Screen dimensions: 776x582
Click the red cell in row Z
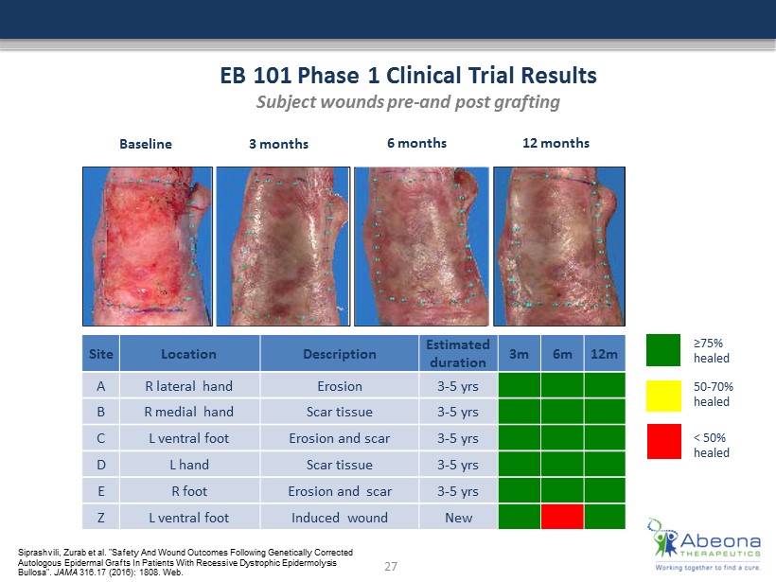pos(562,517)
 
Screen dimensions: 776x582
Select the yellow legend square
pos(663,396)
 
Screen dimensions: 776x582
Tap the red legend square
pos(663,441)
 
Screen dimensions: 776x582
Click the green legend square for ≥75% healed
pos(663,350)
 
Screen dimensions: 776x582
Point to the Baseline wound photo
pos(148,246)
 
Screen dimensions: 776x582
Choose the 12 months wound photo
pos(559,246)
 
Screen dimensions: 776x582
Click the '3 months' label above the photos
pos(278,144)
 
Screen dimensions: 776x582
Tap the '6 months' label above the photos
pos(416,143)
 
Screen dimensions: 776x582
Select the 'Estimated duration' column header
pos(458,353)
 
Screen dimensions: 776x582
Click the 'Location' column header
pos(189,354)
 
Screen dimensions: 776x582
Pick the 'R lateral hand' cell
pos(189,386)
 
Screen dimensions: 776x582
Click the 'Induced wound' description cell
pos(340,518)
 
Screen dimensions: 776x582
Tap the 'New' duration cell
pos(458,518)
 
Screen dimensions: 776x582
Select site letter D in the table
pos(101,465)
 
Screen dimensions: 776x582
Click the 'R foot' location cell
pos(189,491)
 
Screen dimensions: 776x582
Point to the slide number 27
pos(391,566)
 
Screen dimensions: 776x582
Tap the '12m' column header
pos(605,354)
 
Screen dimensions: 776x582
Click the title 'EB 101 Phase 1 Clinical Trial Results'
pos(408,76)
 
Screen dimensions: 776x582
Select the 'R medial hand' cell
pos(189,412)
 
